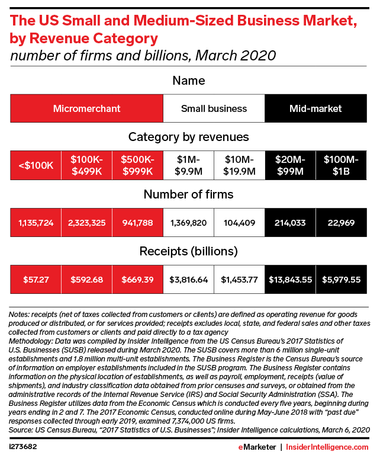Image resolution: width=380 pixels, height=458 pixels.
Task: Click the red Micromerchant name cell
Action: (86, 108)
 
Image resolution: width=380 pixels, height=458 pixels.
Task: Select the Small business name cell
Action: (214, 108)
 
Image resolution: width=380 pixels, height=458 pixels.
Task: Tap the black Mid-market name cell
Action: (315, 108)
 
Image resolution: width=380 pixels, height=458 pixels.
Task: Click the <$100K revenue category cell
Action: (36, 165)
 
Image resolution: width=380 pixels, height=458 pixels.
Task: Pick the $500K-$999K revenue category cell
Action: (137, 165)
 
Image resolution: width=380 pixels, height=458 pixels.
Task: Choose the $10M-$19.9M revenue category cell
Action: (239, 165)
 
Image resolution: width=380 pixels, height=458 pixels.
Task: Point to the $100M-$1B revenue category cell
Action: (341, 165)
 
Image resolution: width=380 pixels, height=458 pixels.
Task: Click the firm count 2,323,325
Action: (86, 223)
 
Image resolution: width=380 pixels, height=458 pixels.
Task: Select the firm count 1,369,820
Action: (189, 223)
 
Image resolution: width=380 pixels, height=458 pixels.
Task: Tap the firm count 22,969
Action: (341, 223)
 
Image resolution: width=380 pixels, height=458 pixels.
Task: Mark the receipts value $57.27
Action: (36, 280)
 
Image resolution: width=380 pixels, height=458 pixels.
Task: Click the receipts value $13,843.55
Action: (291, 280)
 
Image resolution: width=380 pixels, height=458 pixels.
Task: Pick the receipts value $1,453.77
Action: (239, 280)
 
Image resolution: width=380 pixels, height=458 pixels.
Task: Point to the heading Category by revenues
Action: (189, 137)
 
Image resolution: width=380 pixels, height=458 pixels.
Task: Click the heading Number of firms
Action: (189, 194)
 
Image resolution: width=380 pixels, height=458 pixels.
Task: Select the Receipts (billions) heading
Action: (189, 251)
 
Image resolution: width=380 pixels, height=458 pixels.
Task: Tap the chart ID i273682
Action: (22, 447)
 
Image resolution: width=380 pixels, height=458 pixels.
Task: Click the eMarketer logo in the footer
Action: (257, 447)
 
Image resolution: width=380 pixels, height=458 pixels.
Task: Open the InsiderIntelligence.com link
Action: (327, 447)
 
